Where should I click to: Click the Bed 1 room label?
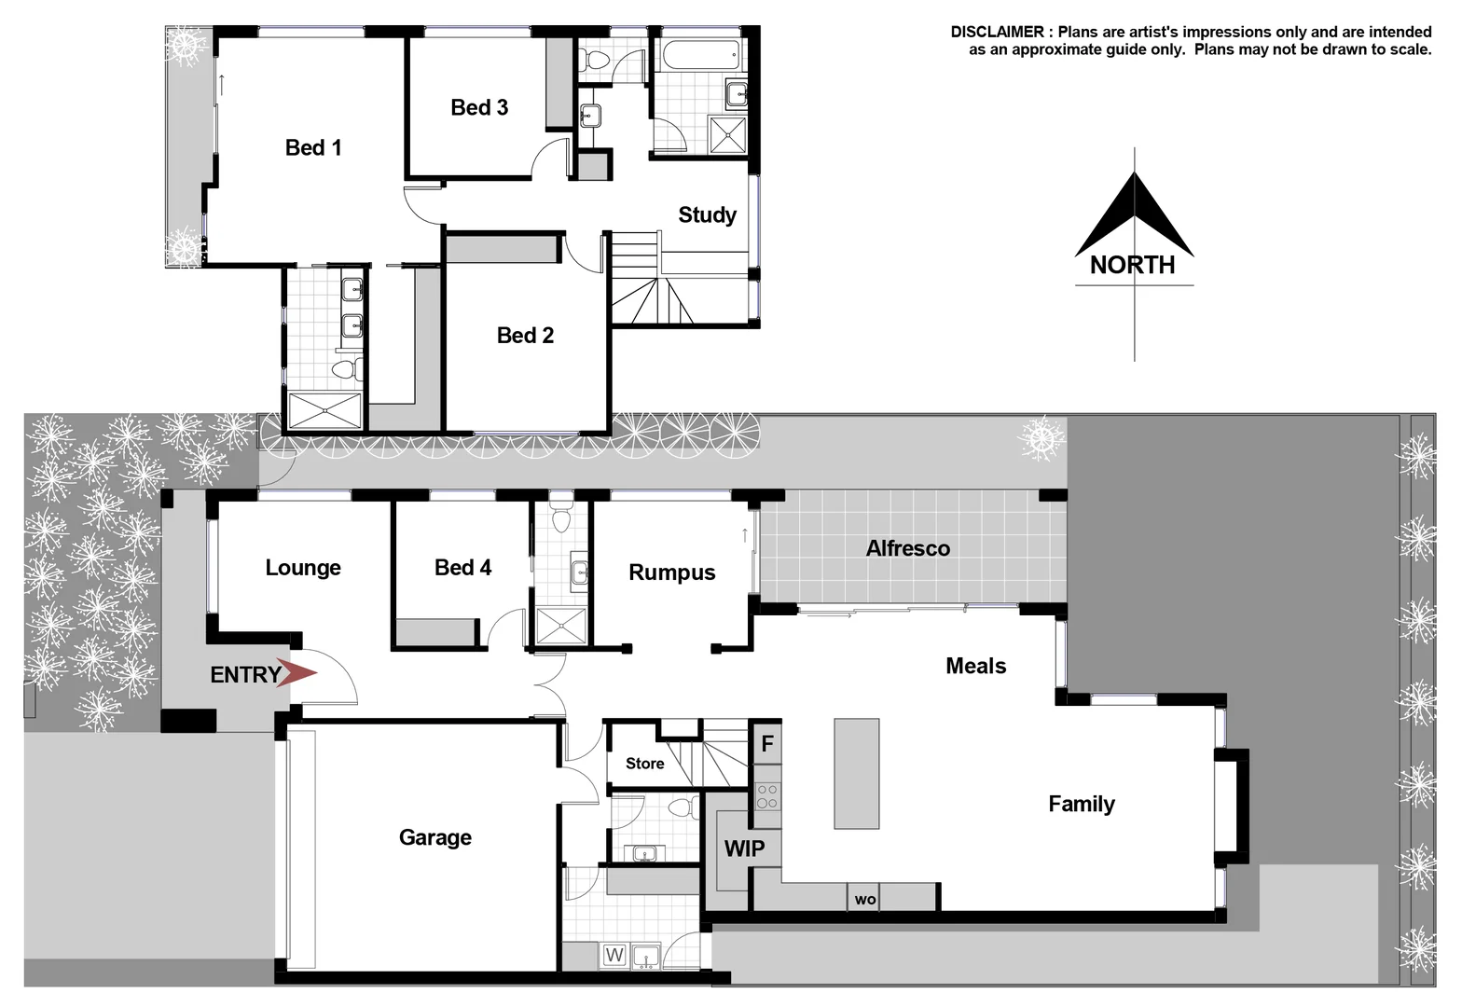tap(313, 147)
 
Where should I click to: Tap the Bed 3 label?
tap(479, 107)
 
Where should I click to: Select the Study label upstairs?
tap(707, 214)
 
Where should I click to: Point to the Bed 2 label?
tap(525, 335)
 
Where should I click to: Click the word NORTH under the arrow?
tap(1133, 265)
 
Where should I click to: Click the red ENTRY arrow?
tap(298, 674)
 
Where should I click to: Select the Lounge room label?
tap(303, 568)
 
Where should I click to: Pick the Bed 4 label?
tap(462, 568)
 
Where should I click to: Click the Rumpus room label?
tap(671, 572)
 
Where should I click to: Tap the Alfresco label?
tap(907, 548)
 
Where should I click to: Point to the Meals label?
tap(975, 666)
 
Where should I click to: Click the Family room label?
tap(1081, 804)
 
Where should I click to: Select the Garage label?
tap(434, 837)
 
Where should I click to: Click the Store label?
tap(644, 764)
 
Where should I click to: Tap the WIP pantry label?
tap(744, 848)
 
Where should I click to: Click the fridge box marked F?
tap(767, 743)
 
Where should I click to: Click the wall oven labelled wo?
tap(865, 899)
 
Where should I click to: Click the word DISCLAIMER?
tap(997, 32)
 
